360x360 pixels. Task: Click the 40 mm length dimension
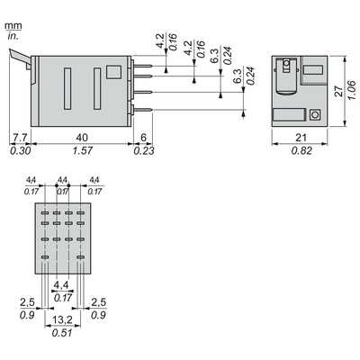point(82,138)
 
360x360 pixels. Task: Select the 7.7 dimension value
point(20,138)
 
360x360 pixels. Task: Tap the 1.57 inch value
point(83,150)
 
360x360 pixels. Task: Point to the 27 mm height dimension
point(338,91)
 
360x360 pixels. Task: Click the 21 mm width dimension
point(301,138)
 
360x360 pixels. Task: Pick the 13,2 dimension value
point(62,320)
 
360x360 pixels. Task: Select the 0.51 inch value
point(62,333)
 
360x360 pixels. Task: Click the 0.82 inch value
point(301,150)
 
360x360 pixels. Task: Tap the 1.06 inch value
point(352,90)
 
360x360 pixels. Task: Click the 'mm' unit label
point(13,26)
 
